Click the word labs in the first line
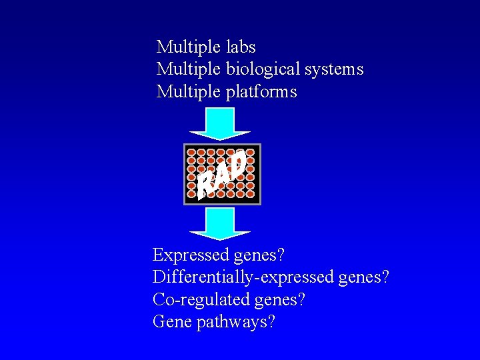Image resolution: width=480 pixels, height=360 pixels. click(x=241, y=47)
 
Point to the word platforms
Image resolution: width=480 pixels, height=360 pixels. click(x=261, y=92)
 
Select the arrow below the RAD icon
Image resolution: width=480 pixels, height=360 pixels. click(x=219, y=224)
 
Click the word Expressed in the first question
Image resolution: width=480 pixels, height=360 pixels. click(x=191, y=255)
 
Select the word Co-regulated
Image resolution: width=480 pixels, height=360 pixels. click(x=201, y=300)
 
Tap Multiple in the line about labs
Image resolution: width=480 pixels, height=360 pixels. click(x=188, y=47)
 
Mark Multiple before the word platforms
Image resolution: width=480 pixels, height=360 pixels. click(x=188, y=92)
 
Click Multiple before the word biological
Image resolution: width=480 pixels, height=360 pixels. click(x=188, y=69)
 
